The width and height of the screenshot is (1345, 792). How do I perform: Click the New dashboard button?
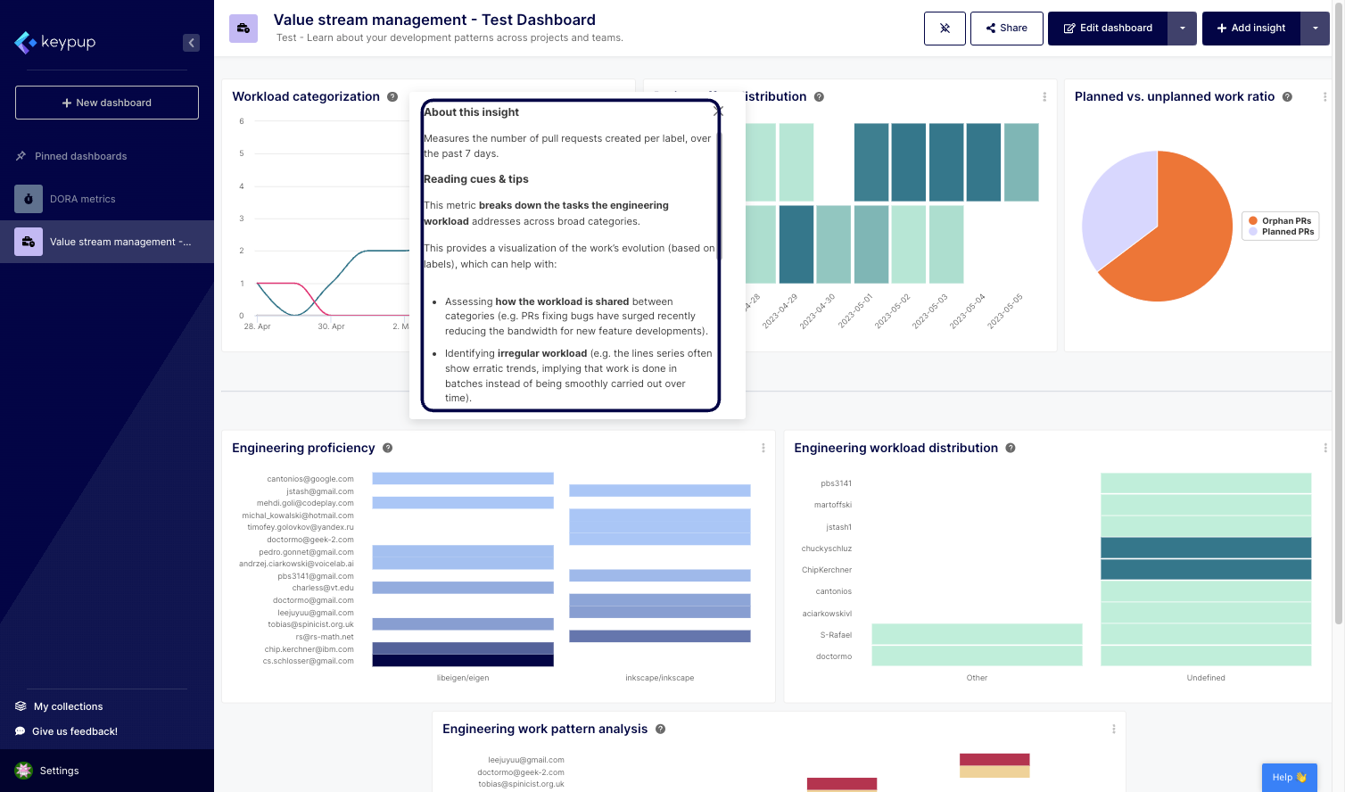tap(107, 103)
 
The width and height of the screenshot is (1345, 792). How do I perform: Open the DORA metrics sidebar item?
tap(82, 199)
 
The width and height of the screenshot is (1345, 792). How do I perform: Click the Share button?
tap(1006, 29)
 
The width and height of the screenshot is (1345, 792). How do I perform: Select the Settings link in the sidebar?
tap(59, 771)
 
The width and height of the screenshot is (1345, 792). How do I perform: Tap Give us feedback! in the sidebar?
tap(74, 731)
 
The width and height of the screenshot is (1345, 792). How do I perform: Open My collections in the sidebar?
tap(68, 706)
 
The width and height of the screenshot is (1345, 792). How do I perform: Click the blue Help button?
tap(1289, 777)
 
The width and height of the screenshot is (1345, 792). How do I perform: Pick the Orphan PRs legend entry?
tap(1285, 221)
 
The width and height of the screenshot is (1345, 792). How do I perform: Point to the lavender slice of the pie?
tap(1115, 210)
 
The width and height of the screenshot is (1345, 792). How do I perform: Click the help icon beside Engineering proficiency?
tap(387, 448)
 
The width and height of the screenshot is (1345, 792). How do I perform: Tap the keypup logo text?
tap(68, 42)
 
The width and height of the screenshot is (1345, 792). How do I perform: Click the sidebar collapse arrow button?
tap(191, 43)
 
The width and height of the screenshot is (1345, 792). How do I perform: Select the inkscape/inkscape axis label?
tap(659, 678)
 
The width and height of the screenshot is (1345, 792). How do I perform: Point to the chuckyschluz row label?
tap(826, 549)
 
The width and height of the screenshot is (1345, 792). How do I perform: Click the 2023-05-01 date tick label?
tap(855, 311)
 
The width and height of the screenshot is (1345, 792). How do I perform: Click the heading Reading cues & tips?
tap(476, 179)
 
